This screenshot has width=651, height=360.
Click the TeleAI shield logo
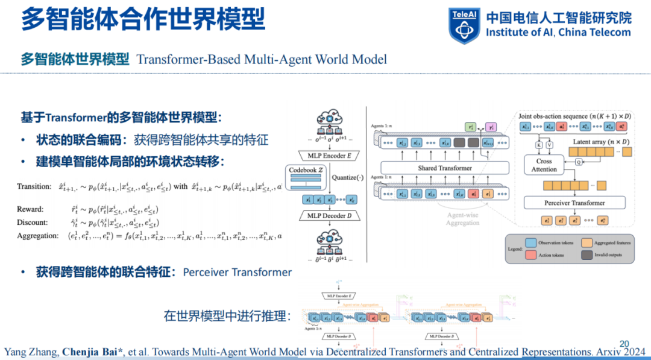[464, 25]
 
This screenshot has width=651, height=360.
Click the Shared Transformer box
[445, 168]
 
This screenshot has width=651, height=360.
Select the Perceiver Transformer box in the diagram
[574, 203]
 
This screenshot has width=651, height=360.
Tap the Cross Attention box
[544, 165]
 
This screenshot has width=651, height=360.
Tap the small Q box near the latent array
[579, 161]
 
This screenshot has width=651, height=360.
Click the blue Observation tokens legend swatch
[530, 242]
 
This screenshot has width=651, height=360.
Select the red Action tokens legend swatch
[530, 254]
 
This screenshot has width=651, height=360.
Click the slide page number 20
[624, 341]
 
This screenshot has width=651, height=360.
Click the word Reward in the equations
[30, 209]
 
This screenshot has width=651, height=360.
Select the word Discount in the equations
[33, 223]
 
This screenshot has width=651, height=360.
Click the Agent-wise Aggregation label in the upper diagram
[463, 218]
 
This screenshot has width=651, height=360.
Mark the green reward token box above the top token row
[470, 127]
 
